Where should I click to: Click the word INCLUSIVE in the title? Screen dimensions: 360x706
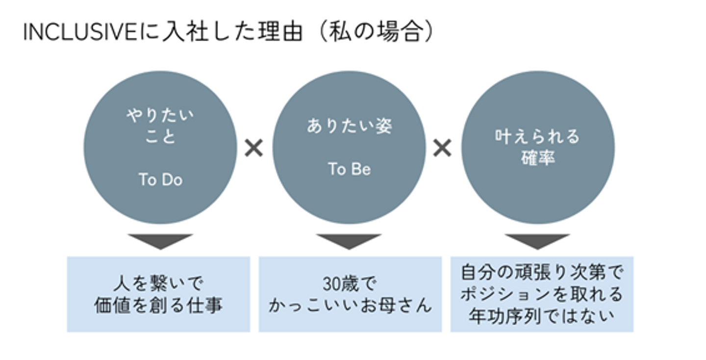click(x=79, y=33)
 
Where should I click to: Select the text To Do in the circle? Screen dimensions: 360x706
click(x=160, y=180)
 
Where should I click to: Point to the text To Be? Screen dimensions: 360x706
click(x=349, y=169)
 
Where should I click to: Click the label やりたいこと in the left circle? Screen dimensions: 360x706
click(x=160, y=126)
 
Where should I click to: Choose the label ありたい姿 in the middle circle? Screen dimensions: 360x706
click(x=349, y=127)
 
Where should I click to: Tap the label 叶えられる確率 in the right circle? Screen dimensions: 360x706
click(x=537, y=147)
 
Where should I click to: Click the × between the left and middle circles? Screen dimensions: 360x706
click(x=254, y=148)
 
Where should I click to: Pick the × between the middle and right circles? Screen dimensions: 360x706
click(x=442, y=148)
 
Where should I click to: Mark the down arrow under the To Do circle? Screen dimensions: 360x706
click(x=160, y=241)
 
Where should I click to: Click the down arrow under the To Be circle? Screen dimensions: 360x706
click(x=349, y=241)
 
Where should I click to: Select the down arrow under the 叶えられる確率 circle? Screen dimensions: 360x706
click(x=537, y=241)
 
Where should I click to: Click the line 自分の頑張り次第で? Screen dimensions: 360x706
click(x=542, y=273)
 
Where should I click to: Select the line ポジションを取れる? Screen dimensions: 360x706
click(x=542, y=294)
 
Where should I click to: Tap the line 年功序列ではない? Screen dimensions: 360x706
click(x=542, y=315)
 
